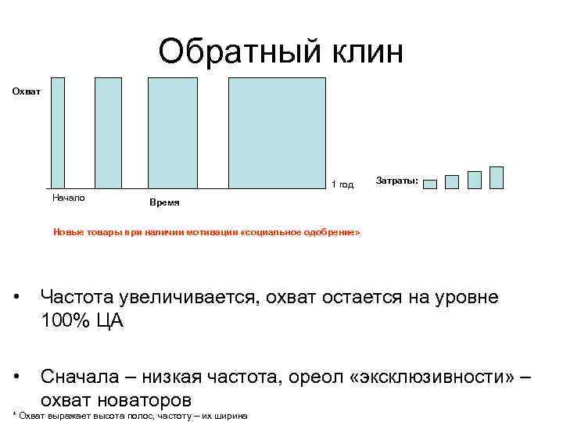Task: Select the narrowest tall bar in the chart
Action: (x=58, y=133)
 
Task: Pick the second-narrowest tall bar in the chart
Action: (x=108, y=133)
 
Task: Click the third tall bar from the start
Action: (x=173, y=133)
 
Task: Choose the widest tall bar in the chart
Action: (x=277, y=133)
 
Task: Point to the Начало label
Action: (x=68, y=198)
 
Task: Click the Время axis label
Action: (x=164, y=202)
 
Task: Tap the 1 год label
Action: (x=342, y=185)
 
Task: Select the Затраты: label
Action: (x=397, y=181)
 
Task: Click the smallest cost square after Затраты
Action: (x=429, y=185)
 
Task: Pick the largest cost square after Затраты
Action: (x=496, y=177)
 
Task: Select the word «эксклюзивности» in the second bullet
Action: (x=436, y=377)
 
